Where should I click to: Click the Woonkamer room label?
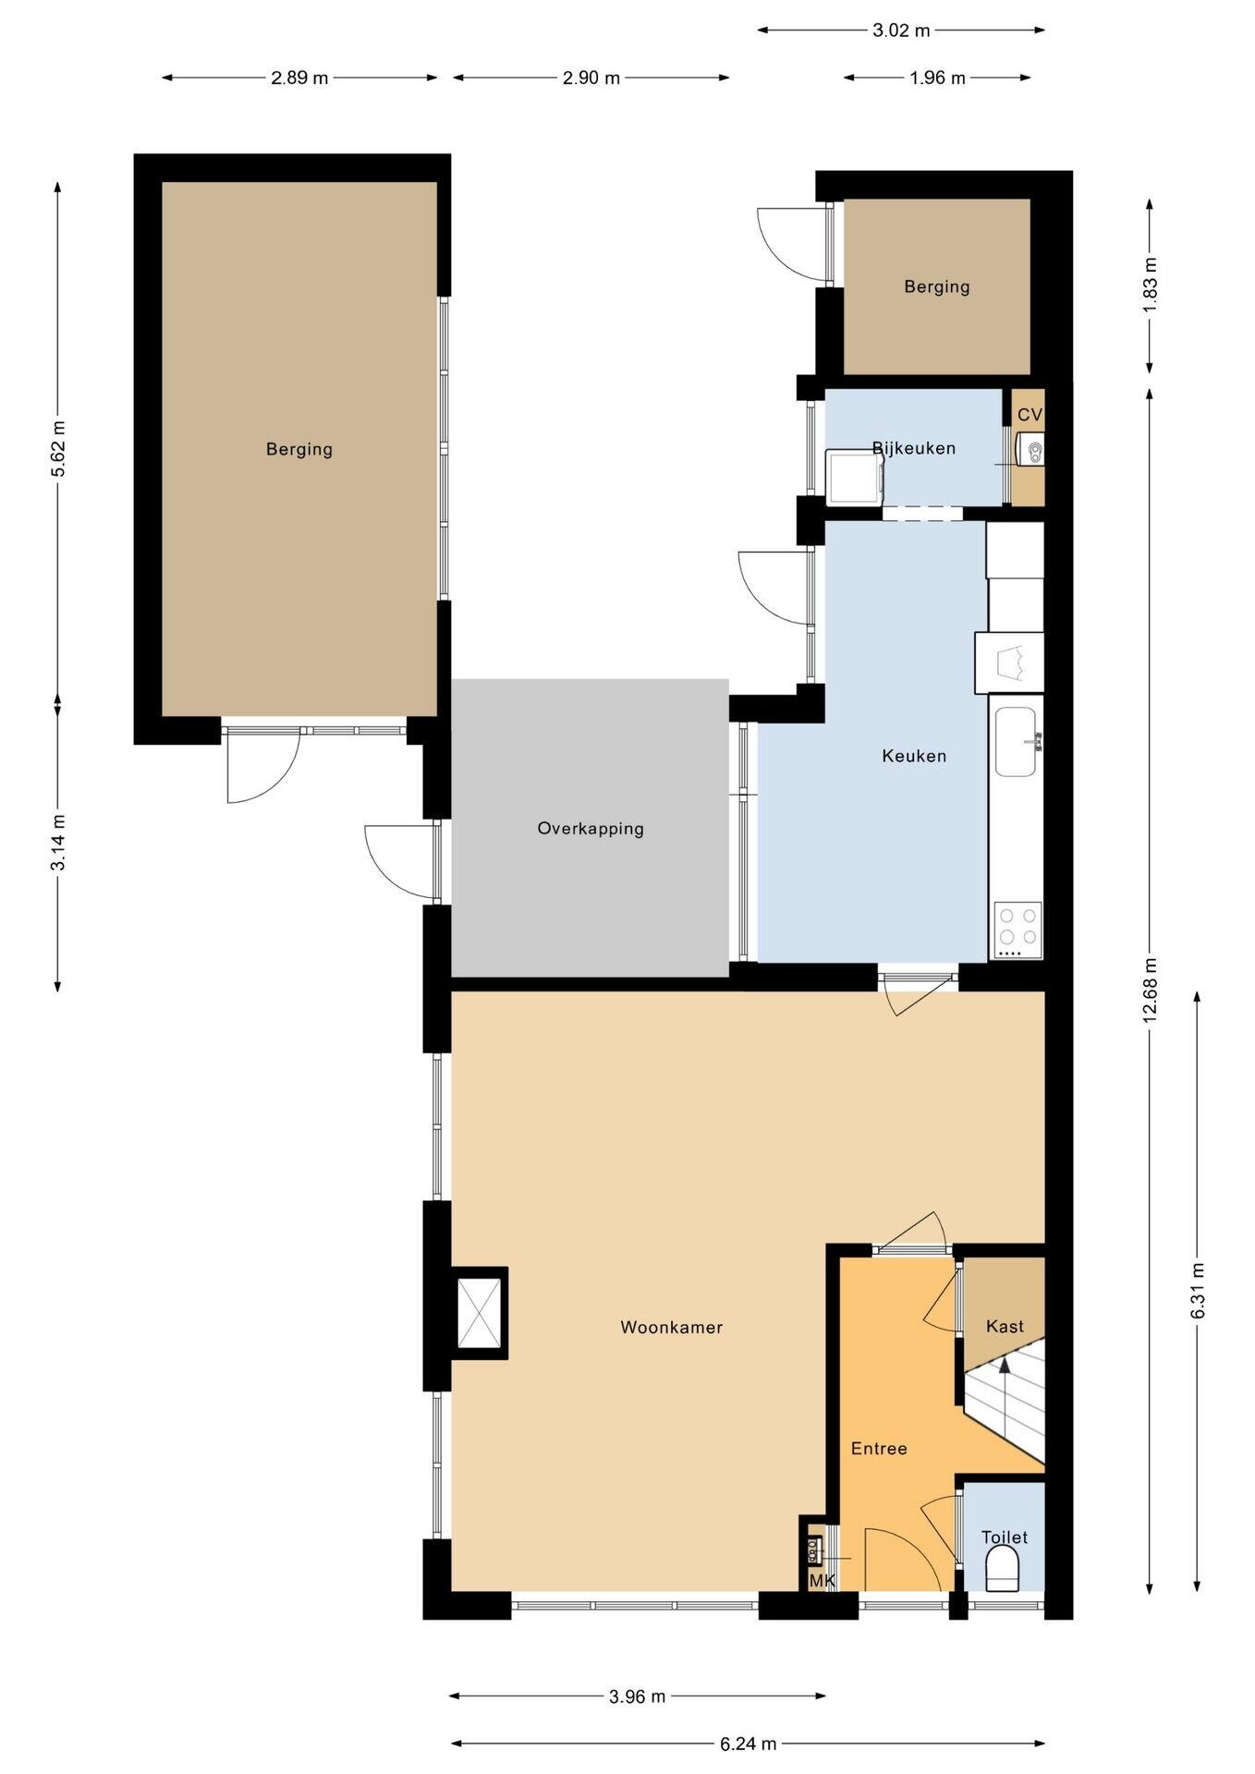(x=671, y=1328)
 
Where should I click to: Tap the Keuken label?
(x=914, y=756)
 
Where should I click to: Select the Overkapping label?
(x=591, y=829)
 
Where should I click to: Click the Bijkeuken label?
(x=914, y=448)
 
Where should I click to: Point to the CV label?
(x=1030, y=415)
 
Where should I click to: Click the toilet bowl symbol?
(x=1003, y=1570)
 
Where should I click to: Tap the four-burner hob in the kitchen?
(x=1017, y=930)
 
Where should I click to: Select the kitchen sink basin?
(x=1017, y=742)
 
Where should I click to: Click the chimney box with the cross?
(x=481, y=1313)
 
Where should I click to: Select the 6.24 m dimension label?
(x=748, y=1744)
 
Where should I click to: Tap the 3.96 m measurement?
(x=637, y=1695)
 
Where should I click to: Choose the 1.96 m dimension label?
(x=937, y=78)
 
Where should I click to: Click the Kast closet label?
(x=1005, y=1327)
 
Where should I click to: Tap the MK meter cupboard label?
(x=822, y=1581)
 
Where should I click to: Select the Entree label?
(x=879, y=1449)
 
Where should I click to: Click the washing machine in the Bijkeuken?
(x=855, y=477)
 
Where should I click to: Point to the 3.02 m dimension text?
(x=901, y=30)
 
